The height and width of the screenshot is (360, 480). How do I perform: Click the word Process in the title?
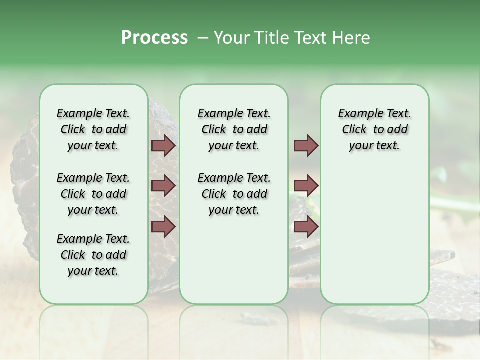[x=154, y=37]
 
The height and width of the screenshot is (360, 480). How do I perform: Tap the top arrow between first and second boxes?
[x=163, y=146]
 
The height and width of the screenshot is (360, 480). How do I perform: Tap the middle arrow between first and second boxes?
[x=163, y=186]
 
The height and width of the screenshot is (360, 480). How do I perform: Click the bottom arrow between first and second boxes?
[x=163, y=226]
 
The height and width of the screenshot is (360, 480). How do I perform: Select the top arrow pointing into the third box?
[x=306, y=146]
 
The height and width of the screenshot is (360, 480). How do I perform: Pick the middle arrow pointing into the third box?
[x=306, y=186]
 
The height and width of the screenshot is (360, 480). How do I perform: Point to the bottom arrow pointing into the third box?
[x=306, y=227]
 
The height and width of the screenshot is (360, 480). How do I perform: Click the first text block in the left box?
[x=93, y=129]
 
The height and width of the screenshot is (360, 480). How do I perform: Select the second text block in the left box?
[x=93, y=194]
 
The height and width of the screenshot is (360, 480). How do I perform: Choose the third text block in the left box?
[x=93, y=255]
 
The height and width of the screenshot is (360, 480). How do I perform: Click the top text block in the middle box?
[x=234, y=129]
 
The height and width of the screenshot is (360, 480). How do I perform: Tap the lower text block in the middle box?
[x=234, y=194]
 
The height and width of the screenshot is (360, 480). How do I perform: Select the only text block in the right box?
[x=374, y=129]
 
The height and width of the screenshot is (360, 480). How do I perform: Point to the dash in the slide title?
[x=202, y=38]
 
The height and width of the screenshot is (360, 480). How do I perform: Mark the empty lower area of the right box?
[x=374, y=240]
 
